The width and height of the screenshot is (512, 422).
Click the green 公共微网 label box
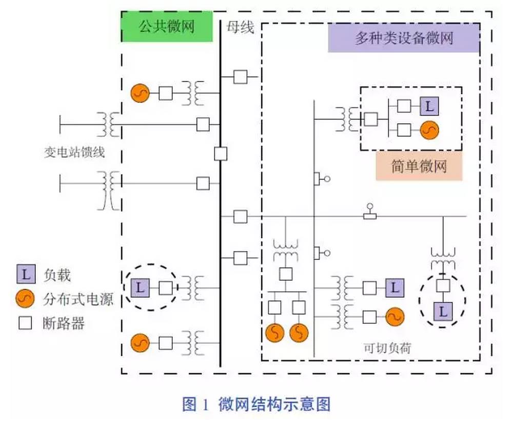167,26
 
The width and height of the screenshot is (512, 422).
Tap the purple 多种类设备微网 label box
404,38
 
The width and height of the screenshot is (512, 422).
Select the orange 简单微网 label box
419,166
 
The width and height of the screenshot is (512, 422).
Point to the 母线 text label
240,27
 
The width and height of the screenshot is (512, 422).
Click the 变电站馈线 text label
74,152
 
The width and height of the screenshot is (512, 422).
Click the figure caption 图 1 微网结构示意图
256,404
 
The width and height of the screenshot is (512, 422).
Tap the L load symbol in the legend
26,275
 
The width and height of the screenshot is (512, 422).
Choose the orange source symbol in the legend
26,298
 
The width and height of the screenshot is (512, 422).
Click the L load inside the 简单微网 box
429,107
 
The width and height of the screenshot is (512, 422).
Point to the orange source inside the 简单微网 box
429,131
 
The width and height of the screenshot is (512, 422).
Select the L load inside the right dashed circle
443,311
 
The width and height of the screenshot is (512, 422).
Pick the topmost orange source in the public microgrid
140,93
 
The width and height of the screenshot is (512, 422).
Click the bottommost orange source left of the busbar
140,342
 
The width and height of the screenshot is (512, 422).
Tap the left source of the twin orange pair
275,333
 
